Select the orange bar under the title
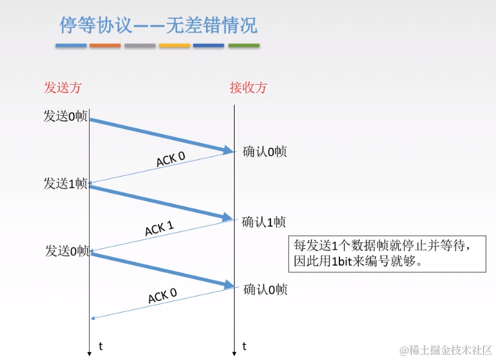[x=105, y=46]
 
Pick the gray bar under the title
[x=140, y=46]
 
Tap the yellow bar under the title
[x=174, y=46]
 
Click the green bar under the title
[x=244, y=46]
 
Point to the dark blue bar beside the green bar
[x=209, y=46]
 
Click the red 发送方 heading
[x=62, y=87]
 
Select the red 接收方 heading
[x=248, y=87]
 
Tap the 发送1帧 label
[x=65, y=183]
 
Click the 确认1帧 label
[x=263, y=222]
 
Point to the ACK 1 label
[x=159, y=229]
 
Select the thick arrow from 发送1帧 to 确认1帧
[x=161, y=202]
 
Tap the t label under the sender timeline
[x=101, y=347]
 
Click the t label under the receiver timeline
[x=244, y=347]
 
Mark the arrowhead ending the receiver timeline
[x=234, y=353]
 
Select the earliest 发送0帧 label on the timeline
[x=65, y=116]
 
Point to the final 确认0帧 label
[x=264, y=289]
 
